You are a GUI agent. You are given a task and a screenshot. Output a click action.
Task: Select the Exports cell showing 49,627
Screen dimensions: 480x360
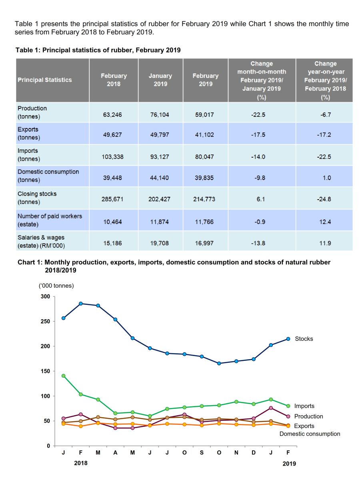point(113,135)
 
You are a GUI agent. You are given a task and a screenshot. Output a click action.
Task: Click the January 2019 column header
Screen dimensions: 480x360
point(160,80)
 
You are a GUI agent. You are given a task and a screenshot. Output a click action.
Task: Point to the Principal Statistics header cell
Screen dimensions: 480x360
point(45,80)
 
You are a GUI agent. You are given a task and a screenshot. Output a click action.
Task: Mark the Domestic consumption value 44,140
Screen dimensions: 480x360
point(160,178)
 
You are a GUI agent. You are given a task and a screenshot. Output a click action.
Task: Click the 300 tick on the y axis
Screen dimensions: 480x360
point(45,297)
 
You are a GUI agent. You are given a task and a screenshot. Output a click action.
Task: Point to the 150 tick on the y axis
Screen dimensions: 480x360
point(45,371)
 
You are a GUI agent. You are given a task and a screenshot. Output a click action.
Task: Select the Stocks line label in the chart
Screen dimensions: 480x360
point(304,339)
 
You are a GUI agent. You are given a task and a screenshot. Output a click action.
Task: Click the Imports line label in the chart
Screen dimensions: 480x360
point(304,406)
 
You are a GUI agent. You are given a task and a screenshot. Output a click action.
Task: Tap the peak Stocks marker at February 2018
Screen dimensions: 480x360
point(81,304)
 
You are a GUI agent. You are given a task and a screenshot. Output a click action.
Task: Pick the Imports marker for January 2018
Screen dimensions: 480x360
point(64,376)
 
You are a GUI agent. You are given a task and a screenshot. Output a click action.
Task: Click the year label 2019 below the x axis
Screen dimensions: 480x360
point(289,464)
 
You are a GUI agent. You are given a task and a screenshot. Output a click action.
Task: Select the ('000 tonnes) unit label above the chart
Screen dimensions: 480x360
point(56,286)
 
